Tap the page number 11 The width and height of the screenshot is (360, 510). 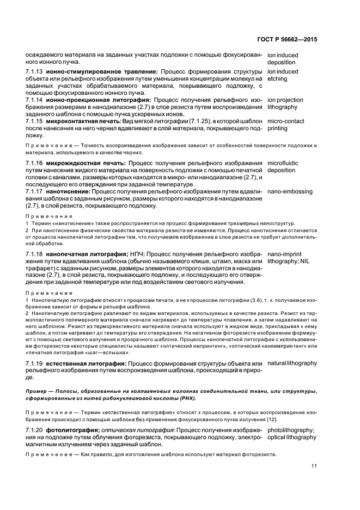pos(314,465)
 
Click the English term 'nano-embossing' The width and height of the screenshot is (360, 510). pos(290,192)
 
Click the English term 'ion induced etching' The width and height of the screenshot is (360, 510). pos(283,75)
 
